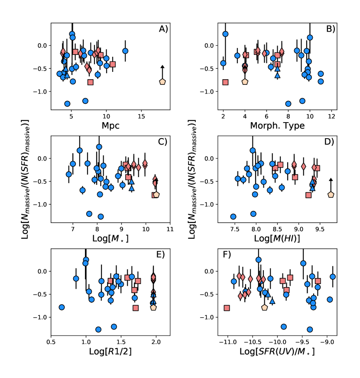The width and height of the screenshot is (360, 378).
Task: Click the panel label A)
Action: [163, 29]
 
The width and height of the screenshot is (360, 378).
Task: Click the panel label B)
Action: [331, 29]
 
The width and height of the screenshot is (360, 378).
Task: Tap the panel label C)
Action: [163, 142]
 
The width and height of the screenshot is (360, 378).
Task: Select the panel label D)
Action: [331, 142]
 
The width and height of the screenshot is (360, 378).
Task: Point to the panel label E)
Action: [163, 255]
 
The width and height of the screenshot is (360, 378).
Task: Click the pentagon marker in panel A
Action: [162, 81]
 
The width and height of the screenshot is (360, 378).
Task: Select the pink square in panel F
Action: [227, 308]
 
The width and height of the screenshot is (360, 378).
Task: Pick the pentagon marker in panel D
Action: [331, 195]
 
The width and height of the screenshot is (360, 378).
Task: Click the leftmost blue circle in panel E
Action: [62, 307]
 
